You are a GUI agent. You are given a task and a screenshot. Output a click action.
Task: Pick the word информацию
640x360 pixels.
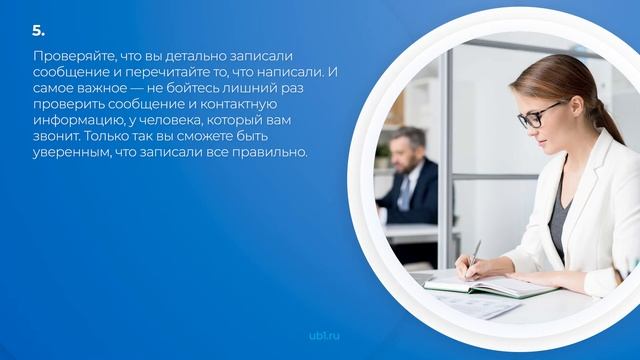pos(73,121)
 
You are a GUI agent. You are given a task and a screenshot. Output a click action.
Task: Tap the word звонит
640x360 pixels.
pos(55,137)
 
